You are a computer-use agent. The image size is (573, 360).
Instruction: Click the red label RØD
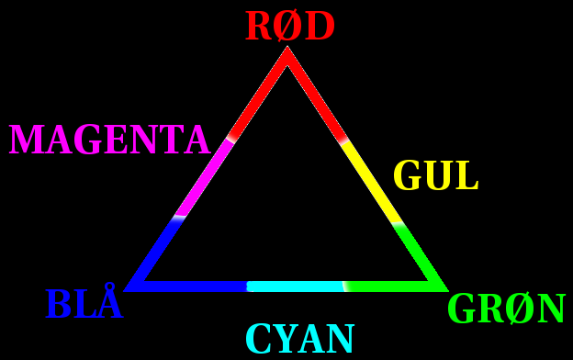[x=290, y=26]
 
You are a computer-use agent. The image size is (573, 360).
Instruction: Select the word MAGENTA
[x=109, y=140]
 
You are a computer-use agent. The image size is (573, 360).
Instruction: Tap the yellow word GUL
[x=435, y=175]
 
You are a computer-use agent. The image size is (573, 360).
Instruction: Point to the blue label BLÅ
[x=84, y=301]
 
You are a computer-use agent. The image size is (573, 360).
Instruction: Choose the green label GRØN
[x=507, y=309]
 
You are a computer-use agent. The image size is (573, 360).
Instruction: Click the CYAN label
[x=300, y=339]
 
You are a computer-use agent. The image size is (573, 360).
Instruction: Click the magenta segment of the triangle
[x=204, y=178]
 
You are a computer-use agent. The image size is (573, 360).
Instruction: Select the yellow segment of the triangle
[x=372, y=181]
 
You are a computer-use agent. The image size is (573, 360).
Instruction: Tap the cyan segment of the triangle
[x=296, y=287]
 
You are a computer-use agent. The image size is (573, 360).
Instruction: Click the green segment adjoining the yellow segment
[x=421, y=256]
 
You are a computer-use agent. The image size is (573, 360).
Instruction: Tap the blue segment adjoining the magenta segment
[x=153, y=253]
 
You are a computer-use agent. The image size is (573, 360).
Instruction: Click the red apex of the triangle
[x=287, y=48]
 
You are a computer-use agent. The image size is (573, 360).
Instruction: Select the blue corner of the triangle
[x=125, y=291]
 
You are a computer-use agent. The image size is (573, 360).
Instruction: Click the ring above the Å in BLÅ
[x=109, y=287]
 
